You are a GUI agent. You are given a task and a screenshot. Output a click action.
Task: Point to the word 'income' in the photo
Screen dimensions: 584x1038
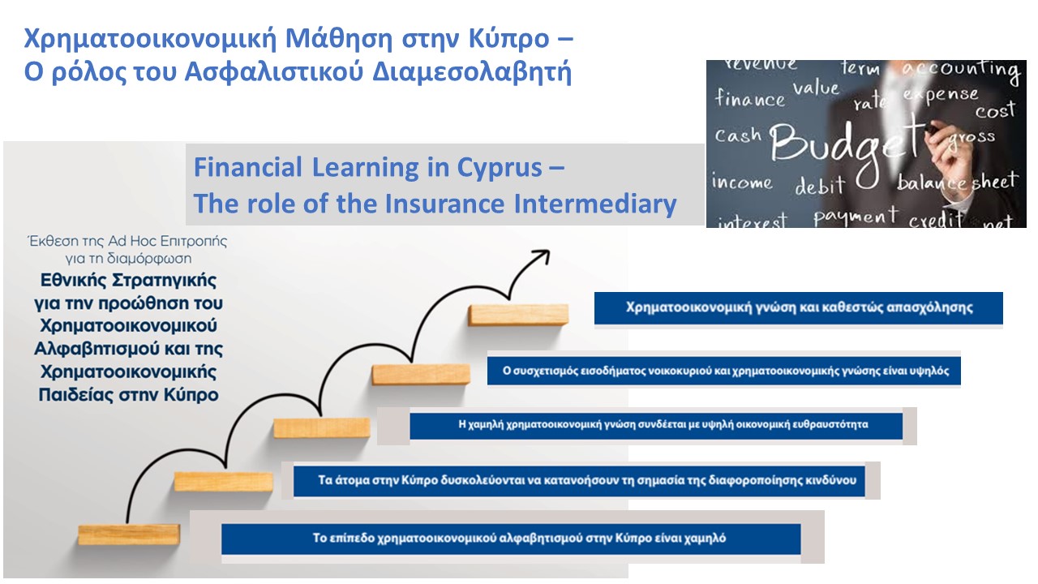[741, 182]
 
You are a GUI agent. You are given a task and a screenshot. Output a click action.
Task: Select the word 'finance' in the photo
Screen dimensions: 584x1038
[750, 100]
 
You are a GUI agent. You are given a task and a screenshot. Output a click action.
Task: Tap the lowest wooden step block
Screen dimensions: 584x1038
[128, 534]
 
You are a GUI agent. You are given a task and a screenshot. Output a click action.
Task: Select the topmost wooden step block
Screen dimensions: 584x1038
[517, 314]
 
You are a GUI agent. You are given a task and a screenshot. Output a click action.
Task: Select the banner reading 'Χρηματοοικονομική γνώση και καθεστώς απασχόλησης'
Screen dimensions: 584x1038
[798, 308]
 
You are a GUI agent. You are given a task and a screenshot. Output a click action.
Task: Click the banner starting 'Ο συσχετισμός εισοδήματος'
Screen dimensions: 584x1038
[723, 371]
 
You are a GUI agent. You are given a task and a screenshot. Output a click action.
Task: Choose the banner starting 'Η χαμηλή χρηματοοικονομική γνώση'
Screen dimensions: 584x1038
[655, 424]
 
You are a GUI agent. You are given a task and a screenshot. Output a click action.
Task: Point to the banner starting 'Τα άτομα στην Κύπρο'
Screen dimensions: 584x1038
[585, 480]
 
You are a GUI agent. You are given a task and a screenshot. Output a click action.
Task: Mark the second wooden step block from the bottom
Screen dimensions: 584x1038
[223, 481]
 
